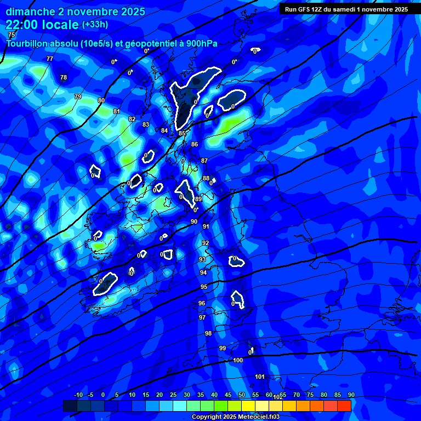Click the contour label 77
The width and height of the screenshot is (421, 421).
tap(50, 59)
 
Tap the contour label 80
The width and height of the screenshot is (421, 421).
tap(101, 100)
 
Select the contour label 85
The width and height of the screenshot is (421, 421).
tap(182, 133)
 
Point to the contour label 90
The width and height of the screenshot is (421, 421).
tap(194, 221)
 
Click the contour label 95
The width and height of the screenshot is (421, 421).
tap(204, 287)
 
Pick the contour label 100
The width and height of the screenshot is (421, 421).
tap(238, 360)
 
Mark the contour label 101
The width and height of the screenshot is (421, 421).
tap(260, 377)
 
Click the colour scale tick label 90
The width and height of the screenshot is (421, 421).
tap(351, 395)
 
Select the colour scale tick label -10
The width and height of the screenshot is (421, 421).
tap(78, 395)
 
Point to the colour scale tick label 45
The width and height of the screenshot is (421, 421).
tap(228, 395)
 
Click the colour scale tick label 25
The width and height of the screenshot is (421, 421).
tap(173, 395)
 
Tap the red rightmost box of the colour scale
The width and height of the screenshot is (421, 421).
tap(344, 406)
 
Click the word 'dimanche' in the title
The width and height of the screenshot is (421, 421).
tap(30, 12)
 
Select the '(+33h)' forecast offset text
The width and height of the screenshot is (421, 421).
tap(95, 25)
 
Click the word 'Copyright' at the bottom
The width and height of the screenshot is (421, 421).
tap(208, 417)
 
